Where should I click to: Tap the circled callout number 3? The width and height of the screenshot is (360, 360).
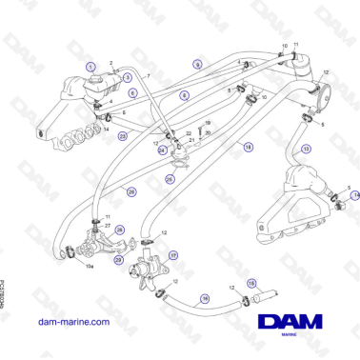[128, 77]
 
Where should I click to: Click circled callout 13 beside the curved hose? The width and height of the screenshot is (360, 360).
[305, 150]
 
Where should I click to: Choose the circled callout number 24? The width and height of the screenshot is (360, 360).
[162, 150]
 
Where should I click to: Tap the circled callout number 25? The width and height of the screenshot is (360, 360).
[170, 177]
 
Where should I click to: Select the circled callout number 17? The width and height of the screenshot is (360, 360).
[173, 255]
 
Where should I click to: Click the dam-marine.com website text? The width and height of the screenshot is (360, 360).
[75, 322]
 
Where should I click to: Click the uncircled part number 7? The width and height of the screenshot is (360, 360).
[149, 75]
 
